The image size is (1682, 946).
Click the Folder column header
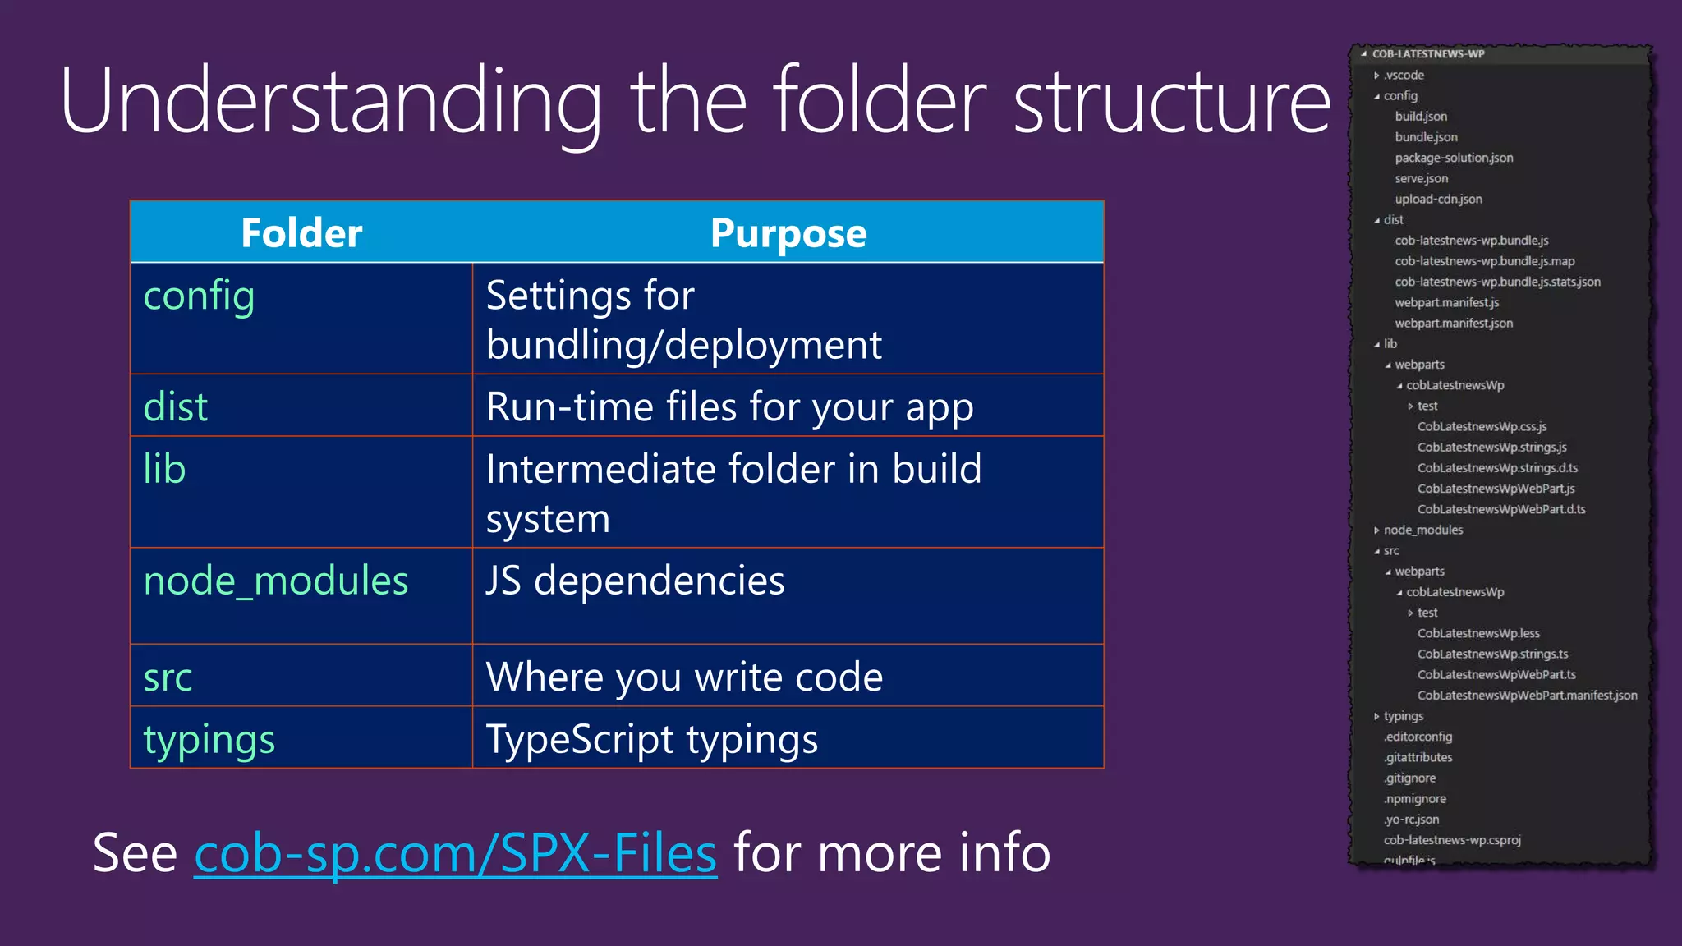301,232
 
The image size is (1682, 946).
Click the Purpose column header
788,232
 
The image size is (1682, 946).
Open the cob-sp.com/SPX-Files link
455,853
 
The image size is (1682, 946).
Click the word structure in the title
1172,101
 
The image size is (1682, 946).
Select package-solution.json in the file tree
1453,158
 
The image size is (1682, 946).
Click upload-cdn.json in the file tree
1438,199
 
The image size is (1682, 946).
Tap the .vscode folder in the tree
1404,75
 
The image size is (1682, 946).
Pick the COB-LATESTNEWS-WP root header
1428,54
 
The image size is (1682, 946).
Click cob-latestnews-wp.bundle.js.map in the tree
1484,261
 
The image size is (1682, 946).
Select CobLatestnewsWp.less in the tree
1477,633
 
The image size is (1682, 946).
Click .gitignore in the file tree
1409,778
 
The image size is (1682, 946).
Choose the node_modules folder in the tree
1422,530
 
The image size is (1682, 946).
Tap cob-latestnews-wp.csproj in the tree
1451,840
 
